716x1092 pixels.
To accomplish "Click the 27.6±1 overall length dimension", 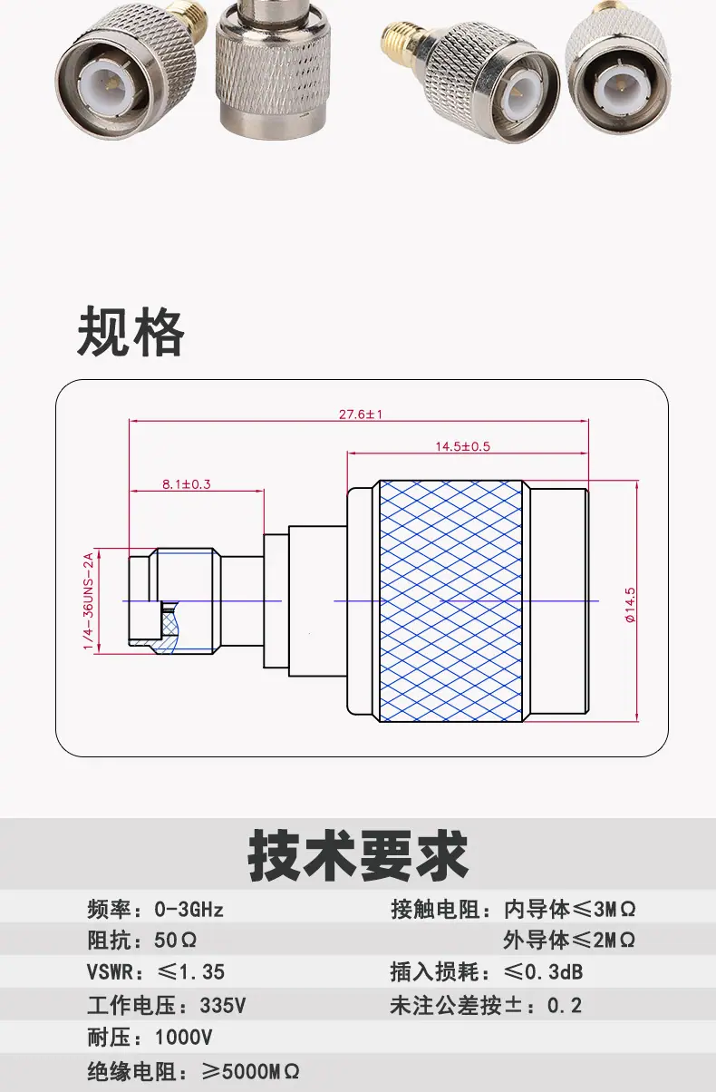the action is click(x=361, y=414).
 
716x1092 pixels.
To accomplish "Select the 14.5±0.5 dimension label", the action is click(x=463, y=446).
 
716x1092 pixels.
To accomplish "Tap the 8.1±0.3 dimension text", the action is click(x=186, y=484).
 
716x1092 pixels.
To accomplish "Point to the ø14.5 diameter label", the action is click(x=630, y=605).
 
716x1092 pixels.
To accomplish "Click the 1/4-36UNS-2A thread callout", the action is click(x=88, y=600).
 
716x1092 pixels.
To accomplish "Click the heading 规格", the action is click(x=131, y=332).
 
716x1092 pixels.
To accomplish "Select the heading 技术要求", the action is click(x=358, y=856).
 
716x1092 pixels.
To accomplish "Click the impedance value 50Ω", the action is click(x=175, y=941).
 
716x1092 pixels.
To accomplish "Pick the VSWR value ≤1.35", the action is click(x=191, y=972).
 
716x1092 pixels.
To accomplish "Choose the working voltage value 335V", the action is click(x=223, y=1005).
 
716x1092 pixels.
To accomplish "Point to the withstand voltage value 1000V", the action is click(x=183, y=1038).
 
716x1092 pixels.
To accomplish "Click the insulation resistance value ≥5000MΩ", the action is click(x=250, y=1071).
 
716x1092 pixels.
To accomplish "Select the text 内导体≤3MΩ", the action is click(x=569, y=910).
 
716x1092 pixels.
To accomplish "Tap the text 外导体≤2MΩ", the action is click(x=569, y=941).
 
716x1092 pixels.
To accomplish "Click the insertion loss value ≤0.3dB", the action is click(x=543, y=972).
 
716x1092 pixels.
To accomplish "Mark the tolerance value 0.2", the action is click(x=565, y=1005).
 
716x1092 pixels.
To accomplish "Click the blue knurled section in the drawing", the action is click(x=450, y=600).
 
